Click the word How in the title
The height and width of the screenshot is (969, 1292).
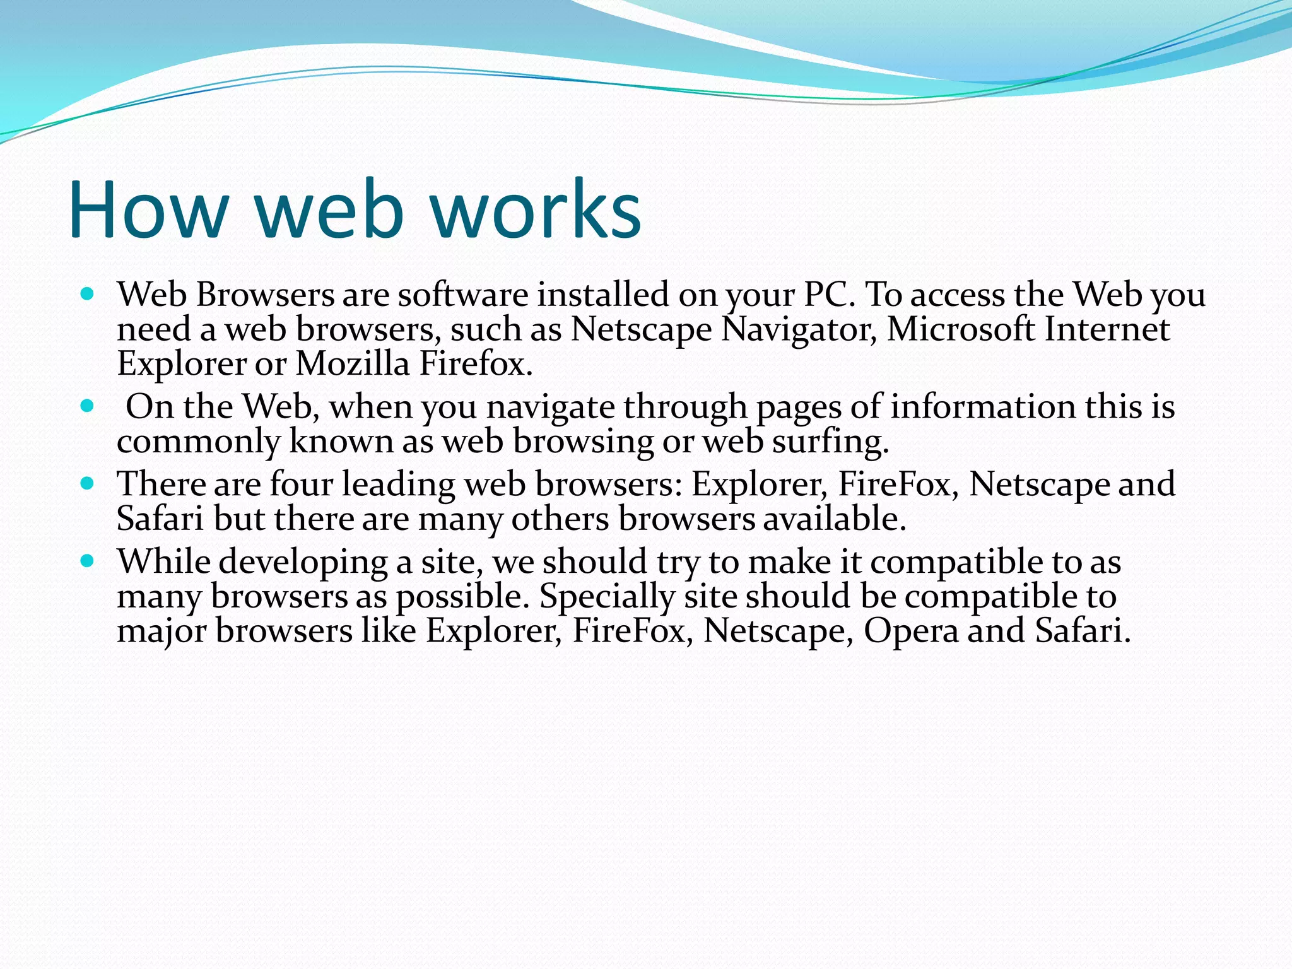[x=148, y=209]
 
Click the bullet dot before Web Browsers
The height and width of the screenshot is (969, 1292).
[x=88, y=294]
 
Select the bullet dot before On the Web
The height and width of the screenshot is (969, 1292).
[x=88, y=406]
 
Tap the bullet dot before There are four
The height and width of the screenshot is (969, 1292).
[x=88, y=484]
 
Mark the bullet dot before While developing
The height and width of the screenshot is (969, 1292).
[x=88, y=561]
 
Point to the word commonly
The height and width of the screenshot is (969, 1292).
[x=198, y=442]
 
